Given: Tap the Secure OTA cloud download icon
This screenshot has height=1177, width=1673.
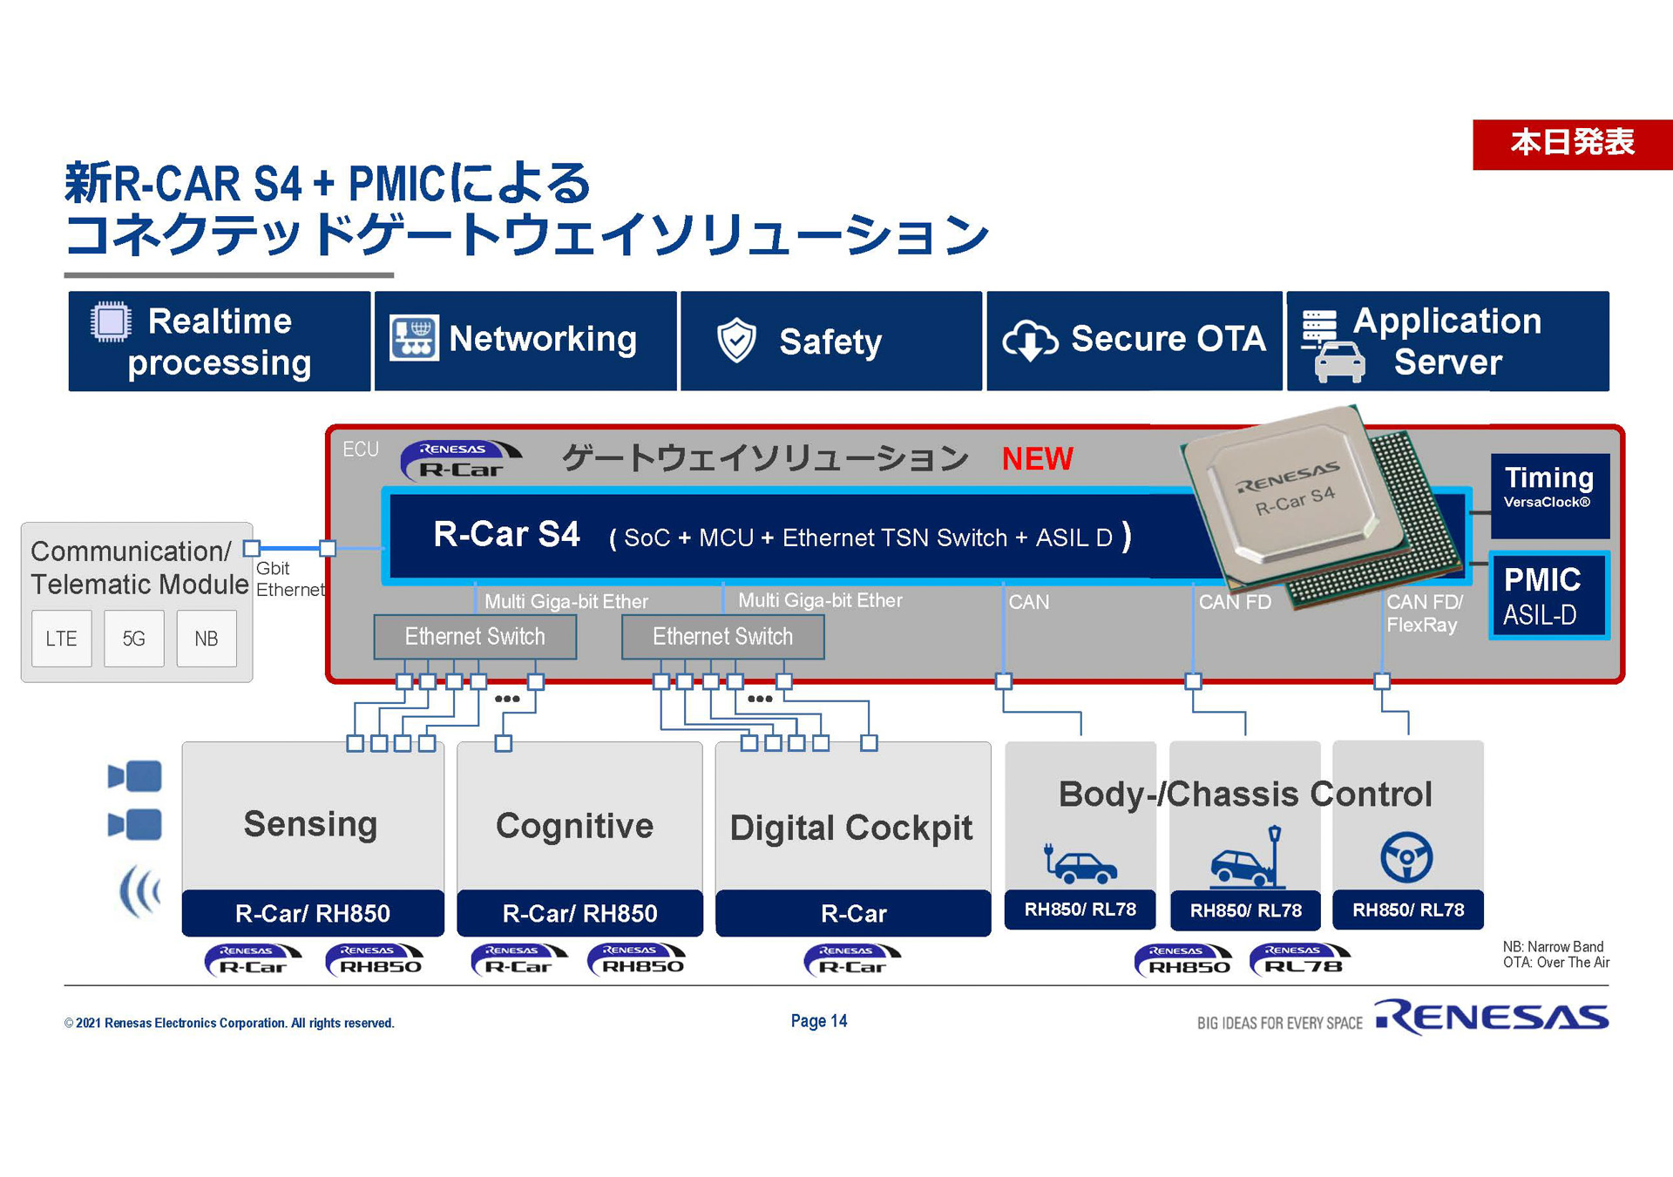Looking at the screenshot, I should (x=1029, y=341).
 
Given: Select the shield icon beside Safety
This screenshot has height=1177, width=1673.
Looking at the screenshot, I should (x=736, y=341).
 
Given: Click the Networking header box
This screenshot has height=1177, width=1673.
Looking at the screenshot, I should (x=525, y=341).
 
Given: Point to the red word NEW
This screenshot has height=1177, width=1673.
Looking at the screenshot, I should (x=1037, y=458).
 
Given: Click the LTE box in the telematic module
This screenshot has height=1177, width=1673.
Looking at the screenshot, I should (x=61, y=639).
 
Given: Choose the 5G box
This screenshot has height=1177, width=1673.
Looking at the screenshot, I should (x=133, y=639).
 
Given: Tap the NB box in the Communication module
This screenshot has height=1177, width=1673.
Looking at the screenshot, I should (x=207, y=639).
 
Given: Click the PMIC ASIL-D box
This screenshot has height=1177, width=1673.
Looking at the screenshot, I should (x=1548, y=596).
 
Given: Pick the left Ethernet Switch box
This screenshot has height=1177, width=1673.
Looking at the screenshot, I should (x=475, y=637).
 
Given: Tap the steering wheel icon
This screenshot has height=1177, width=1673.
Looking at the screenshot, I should (x=1406, y=857).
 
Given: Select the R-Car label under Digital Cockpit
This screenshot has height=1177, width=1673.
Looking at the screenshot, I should (x=853, y=913).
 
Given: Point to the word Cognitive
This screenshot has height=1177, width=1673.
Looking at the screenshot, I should (x=574, y=825).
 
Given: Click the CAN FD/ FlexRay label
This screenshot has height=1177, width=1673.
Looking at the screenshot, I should (x=1423, y=613).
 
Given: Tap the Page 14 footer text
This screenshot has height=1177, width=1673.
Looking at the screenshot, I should (x=818, y=1021).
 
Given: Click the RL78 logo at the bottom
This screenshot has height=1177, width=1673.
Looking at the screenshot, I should (x=1301, y=960).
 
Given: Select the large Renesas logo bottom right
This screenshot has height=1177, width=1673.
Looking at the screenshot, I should (x=1492, y=1017).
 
